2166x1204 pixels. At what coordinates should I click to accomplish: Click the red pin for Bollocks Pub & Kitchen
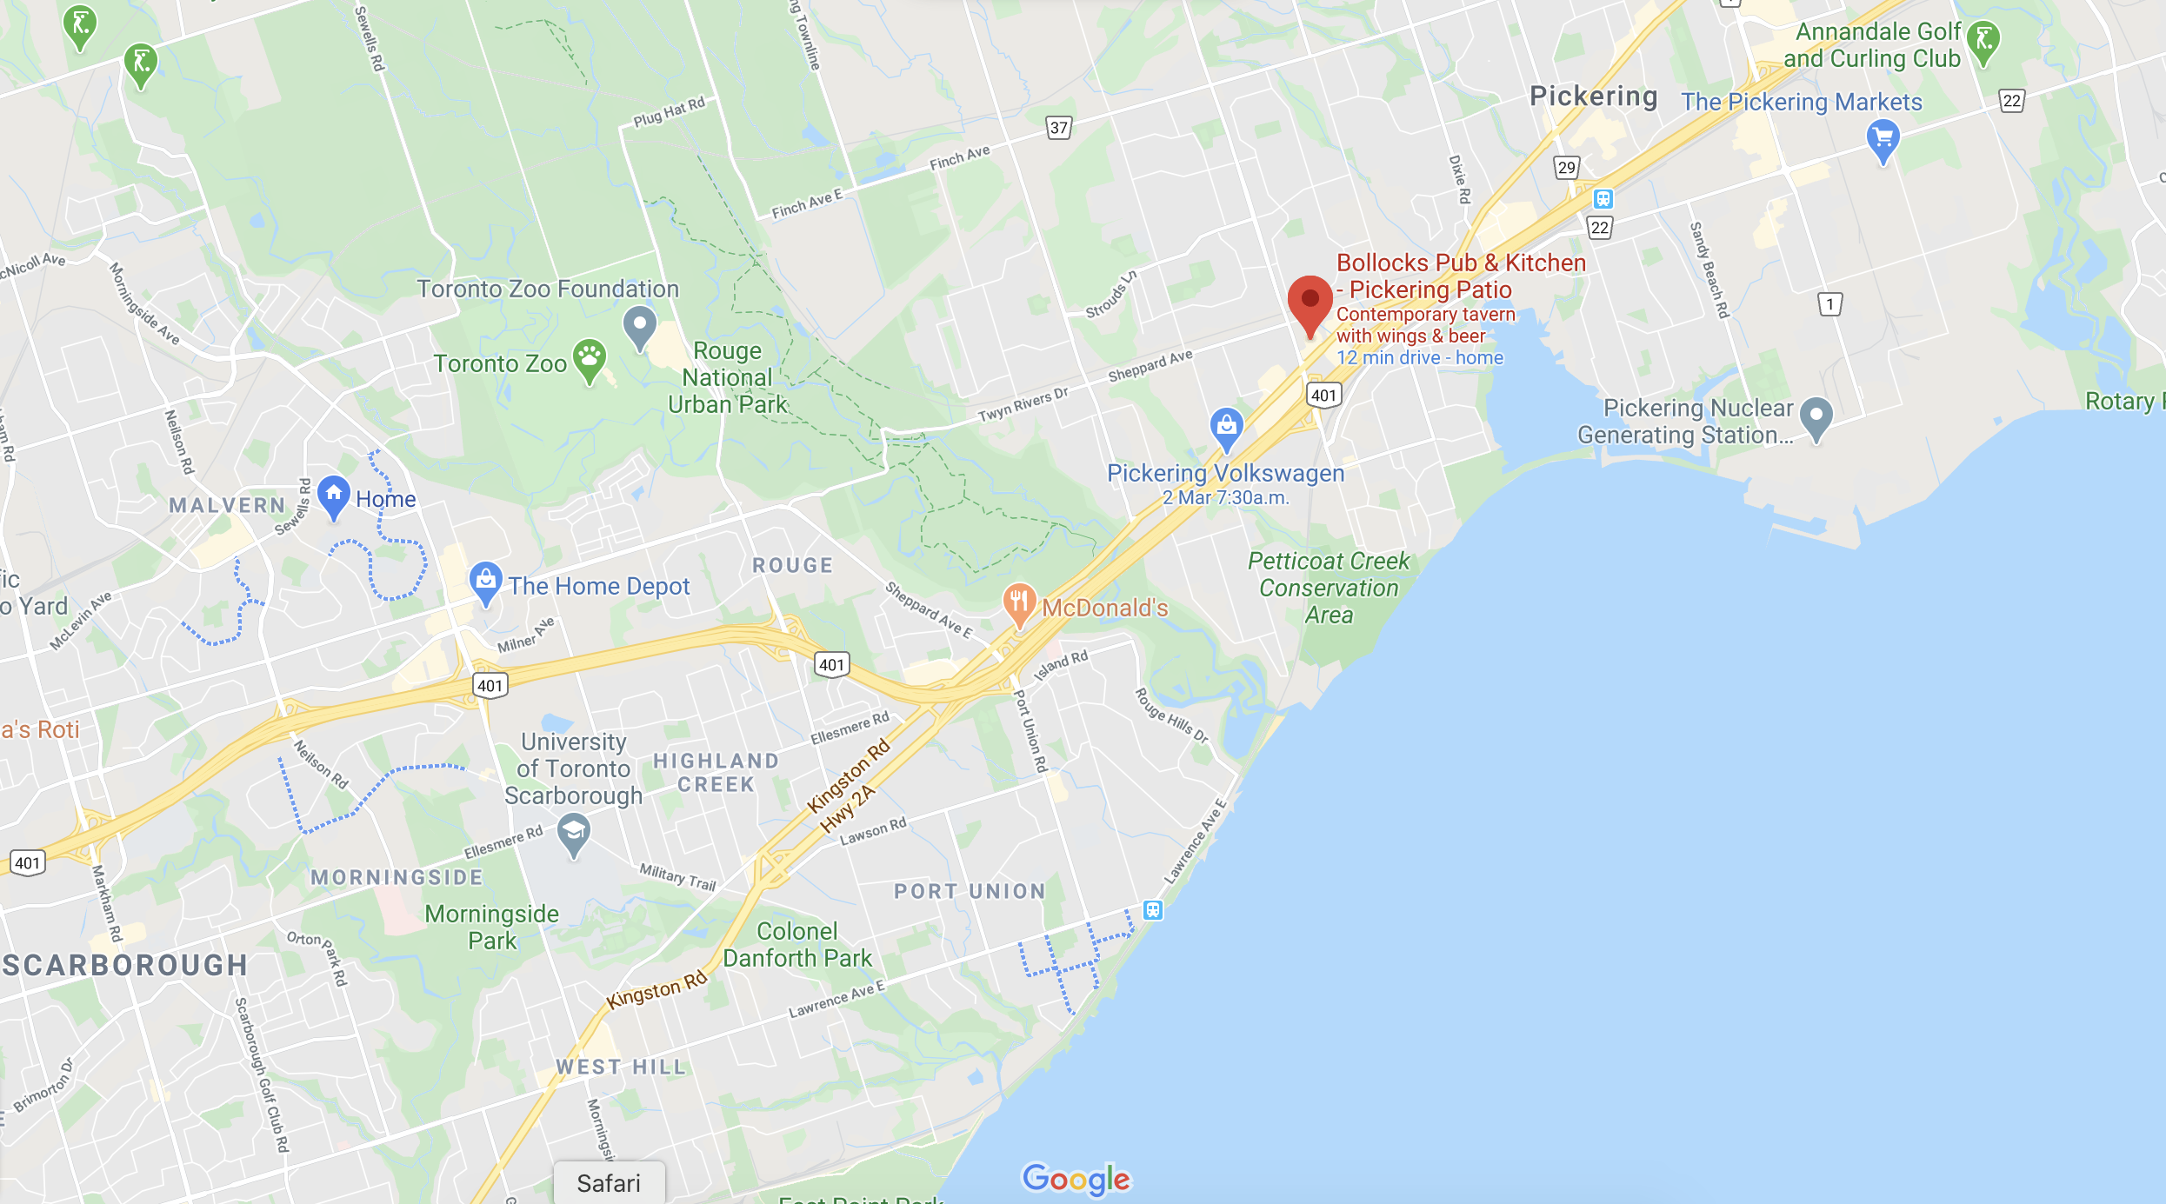1310,301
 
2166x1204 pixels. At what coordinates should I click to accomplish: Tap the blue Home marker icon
333,496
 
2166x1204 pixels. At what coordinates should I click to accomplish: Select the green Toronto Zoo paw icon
590,359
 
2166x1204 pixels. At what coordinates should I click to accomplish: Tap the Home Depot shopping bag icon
485,582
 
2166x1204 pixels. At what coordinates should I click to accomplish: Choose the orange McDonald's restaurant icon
1019,602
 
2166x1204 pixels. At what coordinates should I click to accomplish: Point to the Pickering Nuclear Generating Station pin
1816,417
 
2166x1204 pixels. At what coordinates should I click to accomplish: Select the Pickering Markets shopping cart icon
1883,140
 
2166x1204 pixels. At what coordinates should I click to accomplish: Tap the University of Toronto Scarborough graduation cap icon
574,834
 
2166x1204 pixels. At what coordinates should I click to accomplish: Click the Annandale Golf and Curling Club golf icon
1983,41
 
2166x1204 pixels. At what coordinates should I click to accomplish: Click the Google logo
1076,1179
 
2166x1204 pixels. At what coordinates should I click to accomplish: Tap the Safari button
609,1183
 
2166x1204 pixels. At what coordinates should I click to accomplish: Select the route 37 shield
1058,128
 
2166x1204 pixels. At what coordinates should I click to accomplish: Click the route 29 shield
1566,168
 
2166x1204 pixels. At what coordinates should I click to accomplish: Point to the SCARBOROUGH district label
125,965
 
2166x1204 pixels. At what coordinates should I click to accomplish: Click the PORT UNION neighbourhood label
970,891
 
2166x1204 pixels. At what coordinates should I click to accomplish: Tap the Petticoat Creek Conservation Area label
1329,588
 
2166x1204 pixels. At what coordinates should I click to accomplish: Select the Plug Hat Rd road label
669,112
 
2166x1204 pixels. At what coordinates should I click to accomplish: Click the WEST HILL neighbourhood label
622,1067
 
